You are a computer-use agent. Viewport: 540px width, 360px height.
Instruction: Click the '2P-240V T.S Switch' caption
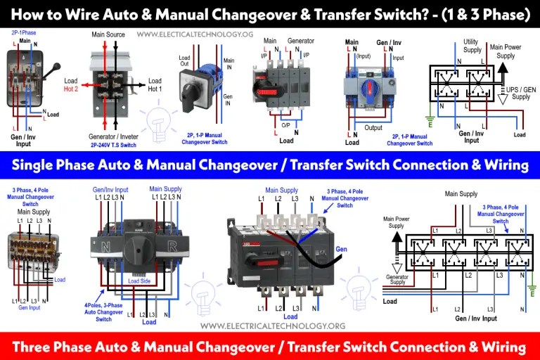(x=116, y=145)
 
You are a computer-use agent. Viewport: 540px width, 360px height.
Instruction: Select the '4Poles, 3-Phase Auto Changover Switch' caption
(x=103, y=311)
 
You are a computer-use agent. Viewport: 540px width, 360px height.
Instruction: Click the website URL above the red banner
(x=273, y=326)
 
